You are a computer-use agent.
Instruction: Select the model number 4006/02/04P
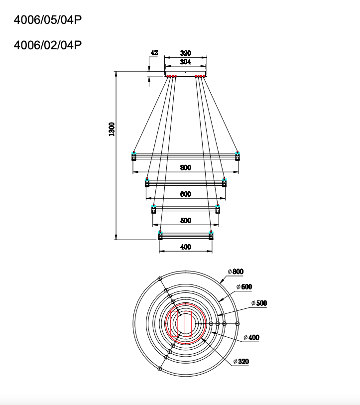point(47,45)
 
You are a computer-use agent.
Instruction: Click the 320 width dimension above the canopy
point(185,53)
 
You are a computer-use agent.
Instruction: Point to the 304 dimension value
point(185,62)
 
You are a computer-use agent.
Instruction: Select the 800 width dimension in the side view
point(185,167)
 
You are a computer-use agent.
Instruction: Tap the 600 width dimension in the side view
point(185,194)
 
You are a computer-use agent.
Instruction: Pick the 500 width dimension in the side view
point(185,221)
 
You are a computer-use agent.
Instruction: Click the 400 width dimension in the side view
point(185,247)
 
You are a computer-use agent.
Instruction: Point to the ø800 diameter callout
point(236,271)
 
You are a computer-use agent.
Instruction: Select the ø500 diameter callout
point(259,303)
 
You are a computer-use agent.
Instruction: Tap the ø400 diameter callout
point(251,337)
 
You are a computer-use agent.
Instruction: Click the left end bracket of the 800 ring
point(134,156)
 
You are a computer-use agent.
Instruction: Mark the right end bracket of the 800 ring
point(238,156)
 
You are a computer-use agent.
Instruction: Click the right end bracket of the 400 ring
point(211,235)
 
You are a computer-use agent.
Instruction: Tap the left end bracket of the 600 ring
point(147,182)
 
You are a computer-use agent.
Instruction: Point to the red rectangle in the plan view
point(185,323)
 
